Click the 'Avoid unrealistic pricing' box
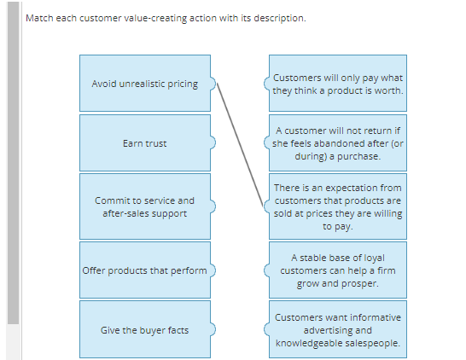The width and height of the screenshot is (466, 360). [144, 84]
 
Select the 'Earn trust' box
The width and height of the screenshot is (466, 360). [144, 143]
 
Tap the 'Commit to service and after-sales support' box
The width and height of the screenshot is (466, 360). [144, 206]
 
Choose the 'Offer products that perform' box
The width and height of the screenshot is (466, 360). [144, 270]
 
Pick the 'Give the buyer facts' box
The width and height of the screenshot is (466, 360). [144, 329]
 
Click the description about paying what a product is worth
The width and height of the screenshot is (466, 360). [337, 84]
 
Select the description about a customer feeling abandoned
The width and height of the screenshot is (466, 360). [337, 143]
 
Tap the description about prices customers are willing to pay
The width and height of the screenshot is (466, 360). [337, 206]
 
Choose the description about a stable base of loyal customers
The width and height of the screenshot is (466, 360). [337, 270]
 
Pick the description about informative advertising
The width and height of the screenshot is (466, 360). [337, 329]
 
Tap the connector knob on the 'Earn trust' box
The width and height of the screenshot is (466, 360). [213, 143]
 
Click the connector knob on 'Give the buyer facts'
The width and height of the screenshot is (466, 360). [213, 329]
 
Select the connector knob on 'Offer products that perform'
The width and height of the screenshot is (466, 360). [213, 270]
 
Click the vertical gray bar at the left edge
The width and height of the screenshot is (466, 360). [12, 171]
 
